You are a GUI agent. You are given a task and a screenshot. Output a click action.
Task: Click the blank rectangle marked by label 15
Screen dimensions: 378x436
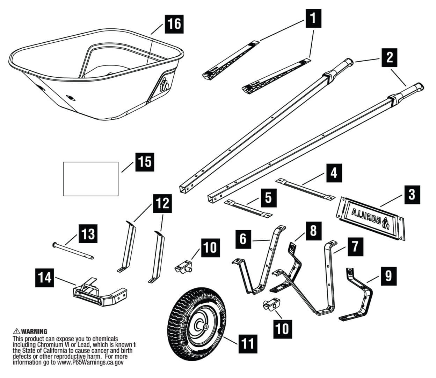[91, 178]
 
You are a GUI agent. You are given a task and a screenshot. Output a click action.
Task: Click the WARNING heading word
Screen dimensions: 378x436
[34, 331]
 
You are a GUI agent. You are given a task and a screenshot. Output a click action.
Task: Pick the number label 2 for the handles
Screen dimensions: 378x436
[389, 57]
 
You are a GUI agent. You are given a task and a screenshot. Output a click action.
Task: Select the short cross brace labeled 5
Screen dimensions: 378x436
[248, 209]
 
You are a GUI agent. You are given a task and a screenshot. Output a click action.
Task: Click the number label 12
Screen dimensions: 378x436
[162, 203]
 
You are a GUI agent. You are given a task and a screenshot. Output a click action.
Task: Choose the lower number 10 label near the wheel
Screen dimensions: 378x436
[282, 328]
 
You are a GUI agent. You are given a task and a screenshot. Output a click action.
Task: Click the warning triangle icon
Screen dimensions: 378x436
[16, 331]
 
